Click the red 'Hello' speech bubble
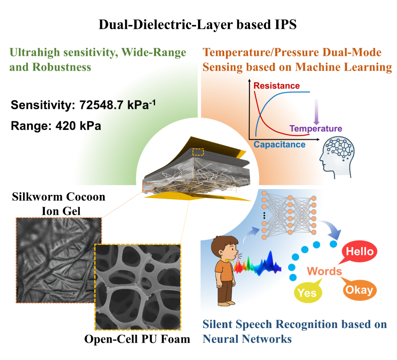[359, 251]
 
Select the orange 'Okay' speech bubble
[359, 290]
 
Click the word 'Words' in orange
[324, 271]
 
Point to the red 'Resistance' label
[276, 86]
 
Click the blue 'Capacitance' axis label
[279, 145]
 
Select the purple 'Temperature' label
[316, 129]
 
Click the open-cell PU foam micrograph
[138, 287]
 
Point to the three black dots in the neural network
[264, 215]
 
